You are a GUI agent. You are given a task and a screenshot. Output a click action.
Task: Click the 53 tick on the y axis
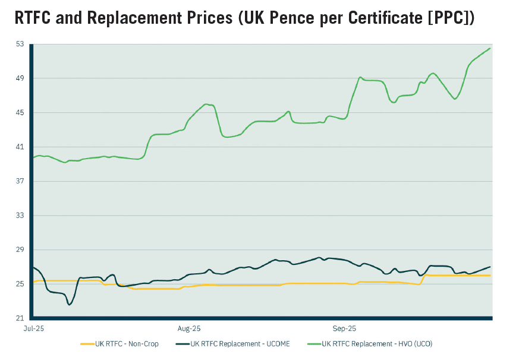[20, 44]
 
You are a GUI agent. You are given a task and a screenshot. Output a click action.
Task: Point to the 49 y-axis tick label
[20, 78]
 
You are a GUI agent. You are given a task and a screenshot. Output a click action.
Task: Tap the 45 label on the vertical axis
[20, 113]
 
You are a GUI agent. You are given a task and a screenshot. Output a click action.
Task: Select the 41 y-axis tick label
[20, 147]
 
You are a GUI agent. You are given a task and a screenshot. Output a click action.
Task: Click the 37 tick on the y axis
[20, 181]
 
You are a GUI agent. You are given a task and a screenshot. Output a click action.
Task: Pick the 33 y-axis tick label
[20, 216]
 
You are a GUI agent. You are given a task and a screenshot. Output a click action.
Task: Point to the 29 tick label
[20, 250]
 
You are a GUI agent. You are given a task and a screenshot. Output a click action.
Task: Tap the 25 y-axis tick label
[20, 284]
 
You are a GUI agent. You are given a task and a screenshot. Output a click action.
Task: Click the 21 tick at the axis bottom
[20, 318]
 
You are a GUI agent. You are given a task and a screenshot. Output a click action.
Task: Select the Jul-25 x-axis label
[34, 328]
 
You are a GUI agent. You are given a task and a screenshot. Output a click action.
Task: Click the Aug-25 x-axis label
[189, 328]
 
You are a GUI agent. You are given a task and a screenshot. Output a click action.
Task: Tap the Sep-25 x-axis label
[344, 328]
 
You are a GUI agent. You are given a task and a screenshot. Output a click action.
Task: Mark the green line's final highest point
[489, 48]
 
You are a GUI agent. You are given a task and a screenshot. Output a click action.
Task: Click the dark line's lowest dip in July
[70, 305]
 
